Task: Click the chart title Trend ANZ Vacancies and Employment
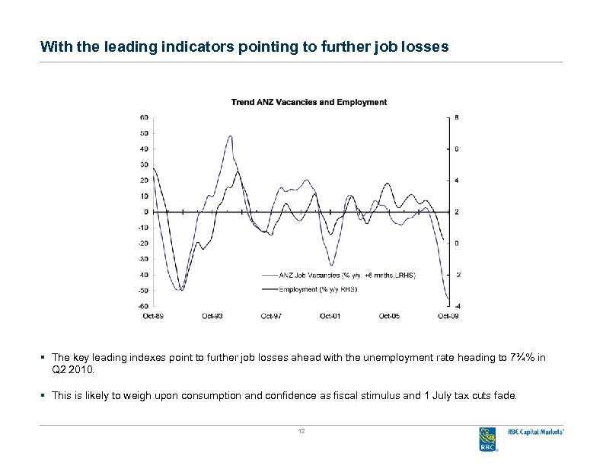[308, 102]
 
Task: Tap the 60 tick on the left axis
[144, 117]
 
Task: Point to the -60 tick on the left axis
[142, 306]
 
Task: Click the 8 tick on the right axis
[457, 117]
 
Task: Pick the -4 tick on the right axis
[457, 306]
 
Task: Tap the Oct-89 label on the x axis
[153, 315]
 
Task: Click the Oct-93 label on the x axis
[212, 315]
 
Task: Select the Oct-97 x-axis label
[271, 315]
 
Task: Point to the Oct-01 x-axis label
[330, 315]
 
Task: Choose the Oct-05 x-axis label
[389, 315]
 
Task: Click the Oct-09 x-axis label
[448, 315]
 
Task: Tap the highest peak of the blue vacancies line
[230, 136]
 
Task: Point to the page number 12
[301, 432]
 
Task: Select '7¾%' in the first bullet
[525, 357]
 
